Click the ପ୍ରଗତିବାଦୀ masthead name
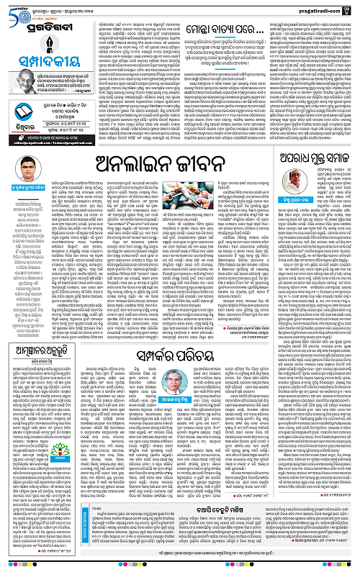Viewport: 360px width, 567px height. point(45,21)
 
